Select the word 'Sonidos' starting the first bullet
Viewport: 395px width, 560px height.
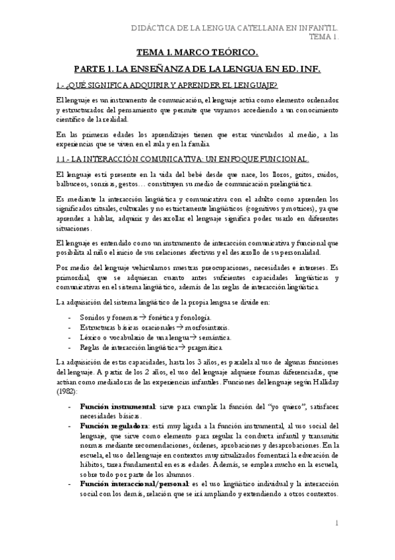tap(92, 318)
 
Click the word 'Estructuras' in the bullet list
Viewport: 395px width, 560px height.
tap(97, 328)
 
